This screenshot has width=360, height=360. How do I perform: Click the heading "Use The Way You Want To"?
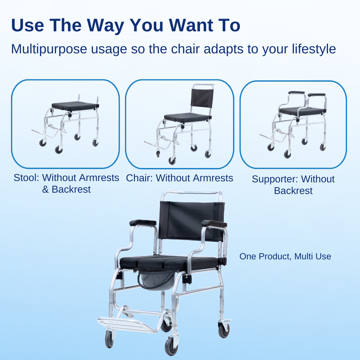(x=126, y=25)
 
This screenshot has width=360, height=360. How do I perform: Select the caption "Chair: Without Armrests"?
(x=179, y=178)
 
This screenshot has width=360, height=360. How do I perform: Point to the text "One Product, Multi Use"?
(x=285, y=256)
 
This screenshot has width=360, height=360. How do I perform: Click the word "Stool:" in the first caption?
(x=26, y=178)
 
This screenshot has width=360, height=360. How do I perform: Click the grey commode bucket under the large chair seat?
(x=153, y=280)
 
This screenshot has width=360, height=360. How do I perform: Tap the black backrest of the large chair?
(x=191, y=220)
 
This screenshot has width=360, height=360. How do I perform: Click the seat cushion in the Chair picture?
(x=187, y=117)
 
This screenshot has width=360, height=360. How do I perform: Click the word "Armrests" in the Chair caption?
(x=213, y=178)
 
